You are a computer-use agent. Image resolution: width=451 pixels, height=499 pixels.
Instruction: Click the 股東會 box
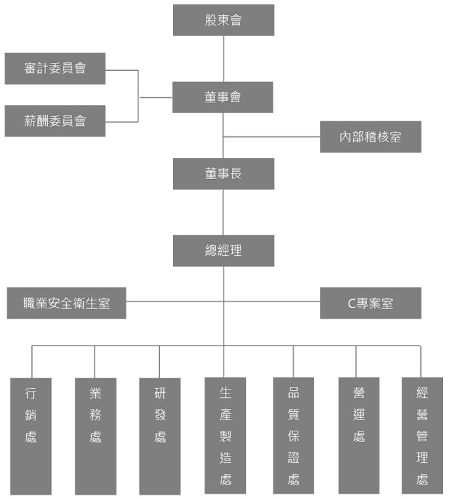223,20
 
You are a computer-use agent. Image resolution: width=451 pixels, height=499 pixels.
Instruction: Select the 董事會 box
223,97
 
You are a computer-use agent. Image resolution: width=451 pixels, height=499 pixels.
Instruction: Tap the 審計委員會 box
55,68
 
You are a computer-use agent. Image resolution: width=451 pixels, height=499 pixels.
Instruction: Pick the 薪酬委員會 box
55,121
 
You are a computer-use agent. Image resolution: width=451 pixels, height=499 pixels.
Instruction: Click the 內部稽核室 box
370,137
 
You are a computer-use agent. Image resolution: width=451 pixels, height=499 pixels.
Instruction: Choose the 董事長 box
223,174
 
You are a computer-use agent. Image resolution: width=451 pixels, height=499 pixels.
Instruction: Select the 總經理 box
223,250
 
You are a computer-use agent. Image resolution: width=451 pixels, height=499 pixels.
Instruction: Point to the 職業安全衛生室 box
66,303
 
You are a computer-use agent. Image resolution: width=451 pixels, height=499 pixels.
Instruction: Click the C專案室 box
370,303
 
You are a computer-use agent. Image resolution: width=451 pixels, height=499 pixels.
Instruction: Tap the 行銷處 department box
31,436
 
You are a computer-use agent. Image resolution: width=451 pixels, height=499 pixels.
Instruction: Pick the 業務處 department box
95,436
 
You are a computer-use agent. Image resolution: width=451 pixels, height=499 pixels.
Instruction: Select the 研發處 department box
160,436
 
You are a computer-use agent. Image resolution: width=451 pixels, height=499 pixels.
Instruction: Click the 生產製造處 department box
225,435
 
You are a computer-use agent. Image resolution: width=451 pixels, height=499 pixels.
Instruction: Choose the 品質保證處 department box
293,435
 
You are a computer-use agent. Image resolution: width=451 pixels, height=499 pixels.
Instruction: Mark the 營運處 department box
359,435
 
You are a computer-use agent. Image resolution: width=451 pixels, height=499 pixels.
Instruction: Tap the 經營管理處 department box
422,435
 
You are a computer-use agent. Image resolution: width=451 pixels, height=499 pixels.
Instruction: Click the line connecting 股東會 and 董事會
224,59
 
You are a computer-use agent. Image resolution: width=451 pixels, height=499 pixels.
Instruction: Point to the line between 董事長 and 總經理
224,212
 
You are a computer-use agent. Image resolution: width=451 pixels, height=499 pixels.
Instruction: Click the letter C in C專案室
351,304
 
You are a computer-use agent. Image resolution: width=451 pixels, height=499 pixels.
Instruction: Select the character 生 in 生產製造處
226,393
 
